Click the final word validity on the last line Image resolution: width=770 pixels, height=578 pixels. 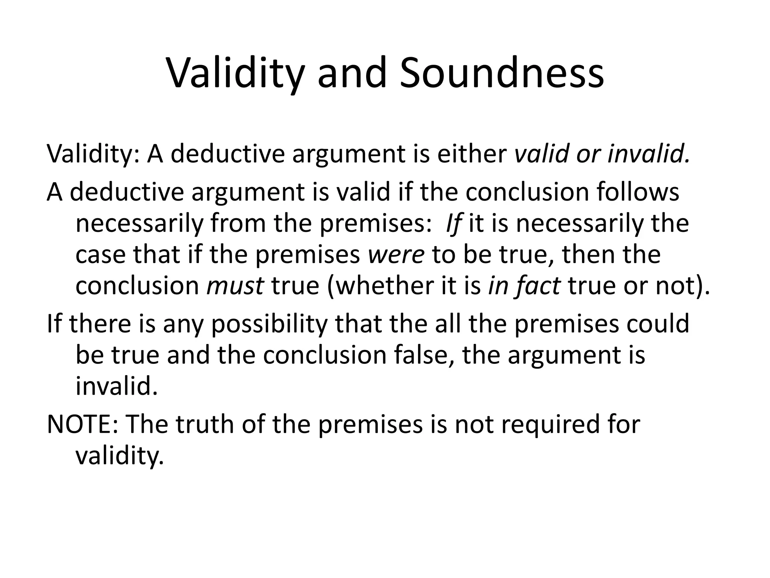tap(120, 456)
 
